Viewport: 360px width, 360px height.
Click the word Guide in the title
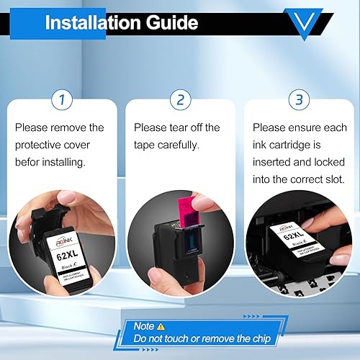pos(172,22)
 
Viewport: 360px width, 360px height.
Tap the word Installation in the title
pos(93,22)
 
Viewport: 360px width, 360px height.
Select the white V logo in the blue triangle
pos(304,22)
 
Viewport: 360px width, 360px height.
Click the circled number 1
pos(62,99)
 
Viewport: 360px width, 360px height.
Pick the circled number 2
pos(181,99)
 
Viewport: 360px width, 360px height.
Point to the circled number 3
pos(299,99)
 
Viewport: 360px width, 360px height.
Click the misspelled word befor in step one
pos(27,162)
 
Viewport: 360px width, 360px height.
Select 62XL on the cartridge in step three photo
pos(294,235)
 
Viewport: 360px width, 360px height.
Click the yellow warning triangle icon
pos(161,326)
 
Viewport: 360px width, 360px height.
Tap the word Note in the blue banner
pos(144,326)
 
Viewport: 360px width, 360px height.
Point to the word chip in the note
pos(261,338)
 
